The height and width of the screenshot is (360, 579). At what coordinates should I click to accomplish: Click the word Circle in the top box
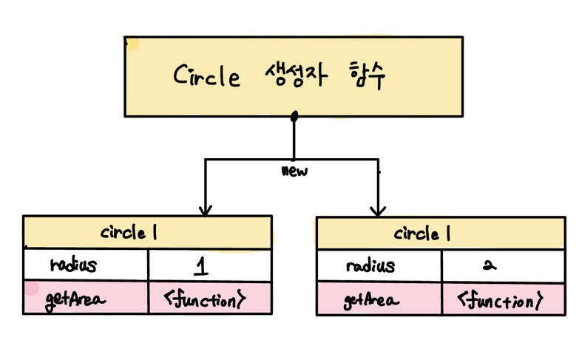pos(208,76)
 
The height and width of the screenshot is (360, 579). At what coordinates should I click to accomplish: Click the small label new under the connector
pos(295,171)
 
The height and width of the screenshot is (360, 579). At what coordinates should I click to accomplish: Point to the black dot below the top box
pos(294,116)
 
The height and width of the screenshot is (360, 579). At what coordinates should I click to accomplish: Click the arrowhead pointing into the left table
pos(206,210)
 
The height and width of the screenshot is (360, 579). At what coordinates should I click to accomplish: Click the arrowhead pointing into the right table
pos(378,210)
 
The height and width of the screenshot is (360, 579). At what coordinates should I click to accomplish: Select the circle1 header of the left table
pos(129,234)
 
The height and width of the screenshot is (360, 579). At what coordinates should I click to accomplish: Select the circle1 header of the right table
pos(422,234)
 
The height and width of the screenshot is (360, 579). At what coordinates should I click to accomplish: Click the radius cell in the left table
pos(74,265)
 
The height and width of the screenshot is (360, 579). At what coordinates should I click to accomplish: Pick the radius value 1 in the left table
pos(202,265)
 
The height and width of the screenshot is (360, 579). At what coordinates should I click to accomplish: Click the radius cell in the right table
pos(370,265)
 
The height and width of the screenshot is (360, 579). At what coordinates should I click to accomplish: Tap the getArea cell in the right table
pos(372,300)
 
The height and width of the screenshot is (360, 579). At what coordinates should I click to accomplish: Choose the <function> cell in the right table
pos(501,300)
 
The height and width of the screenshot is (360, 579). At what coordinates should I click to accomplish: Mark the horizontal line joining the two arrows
pos(244,159)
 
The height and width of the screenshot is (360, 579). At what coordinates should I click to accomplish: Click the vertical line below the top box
pos(294,140)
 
